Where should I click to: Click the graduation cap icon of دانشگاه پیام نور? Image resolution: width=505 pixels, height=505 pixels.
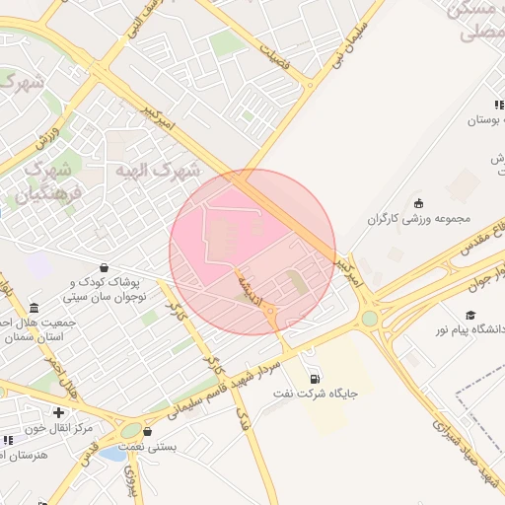pyautogui.click(x=471, y=315)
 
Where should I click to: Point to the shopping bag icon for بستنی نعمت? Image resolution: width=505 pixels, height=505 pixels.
pyautogui.click(x=147, y=431)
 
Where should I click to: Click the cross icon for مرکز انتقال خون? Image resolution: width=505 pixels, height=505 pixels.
pyautogui.click(x=59, y=412)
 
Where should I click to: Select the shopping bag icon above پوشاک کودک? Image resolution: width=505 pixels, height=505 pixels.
pyautogui.click(x=105, y=267)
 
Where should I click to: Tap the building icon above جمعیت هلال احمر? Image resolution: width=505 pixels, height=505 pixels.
pyautogui.click(x=35, y=308)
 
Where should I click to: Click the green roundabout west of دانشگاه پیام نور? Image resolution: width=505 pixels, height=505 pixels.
pyautogui.click(x=369, y=319)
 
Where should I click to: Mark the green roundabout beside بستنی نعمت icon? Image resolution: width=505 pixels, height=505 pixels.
pyautogui.click(x=130, y=430)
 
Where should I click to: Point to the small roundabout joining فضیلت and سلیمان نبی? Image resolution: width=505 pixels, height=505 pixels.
pyautogui.click(x=310, y=85)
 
